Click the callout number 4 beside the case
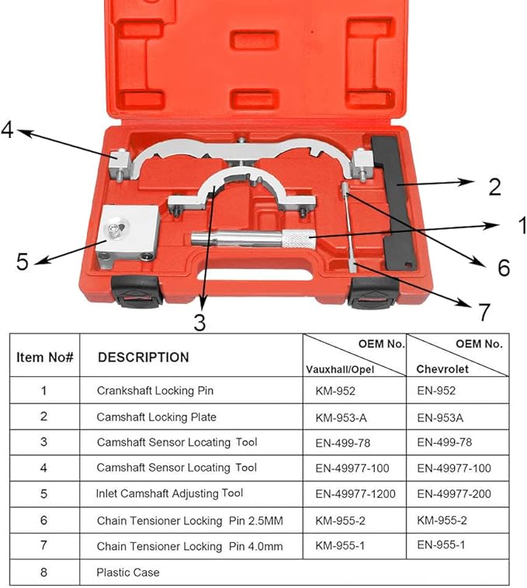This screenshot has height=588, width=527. tap(8, 129)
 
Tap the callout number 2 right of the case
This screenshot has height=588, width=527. tap(494, 187)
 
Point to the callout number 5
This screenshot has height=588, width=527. tap(23, 261)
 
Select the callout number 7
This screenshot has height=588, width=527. tap(484, 312)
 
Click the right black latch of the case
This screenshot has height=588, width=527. tap(373, 292)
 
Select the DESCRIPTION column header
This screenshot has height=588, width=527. tap(143, 358)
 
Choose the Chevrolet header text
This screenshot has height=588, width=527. tap(443, 369)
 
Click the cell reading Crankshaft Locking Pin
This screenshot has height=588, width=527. tap(154, 391)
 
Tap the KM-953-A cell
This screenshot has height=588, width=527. tap(341, 417)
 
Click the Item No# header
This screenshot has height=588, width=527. tap(44, 358)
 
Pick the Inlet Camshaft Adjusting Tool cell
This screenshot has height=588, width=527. tap(169, 493)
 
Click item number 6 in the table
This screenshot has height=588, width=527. tap(44, 520)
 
